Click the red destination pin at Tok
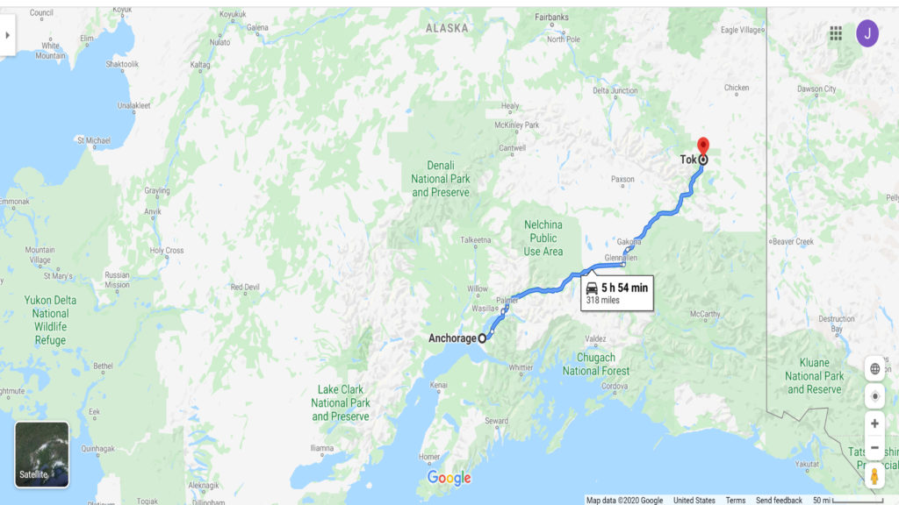pyautogui.click(x=702, y=146)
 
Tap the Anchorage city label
pyautogui.click(x=452, y=338)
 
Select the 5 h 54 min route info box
pyautogui.click(x=617, y=293)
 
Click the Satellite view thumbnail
pyautogui.click(x=42, y=454)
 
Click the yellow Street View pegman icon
pyautogui.click(x=874, y=476)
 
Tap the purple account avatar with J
pyautogui.click(x=867, y=33)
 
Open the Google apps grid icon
pyautogui.click(x=836, y=33)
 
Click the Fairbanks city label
pyautogui.click(x=551, y=17)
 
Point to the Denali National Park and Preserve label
pyautogui.click(x=441, y=179)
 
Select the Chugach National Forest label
pyautogui.click(x=596, y=364)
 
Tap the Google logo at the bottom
pyautogui.click(x=449, y=478)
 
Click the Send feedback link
pyautogui.click(x=779, y=501)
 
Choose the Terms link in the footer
pyautogui.click(x=735, y=501)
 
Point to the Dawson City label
pyautogui.click(x=816, y=89)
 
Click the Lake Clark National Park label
pyautogui.click(x=341, y=403)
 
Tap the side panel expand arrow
pyautogui.click(x=8, y=35)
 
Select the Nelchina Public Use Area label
pyautogui.click(x=543, y=238)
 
